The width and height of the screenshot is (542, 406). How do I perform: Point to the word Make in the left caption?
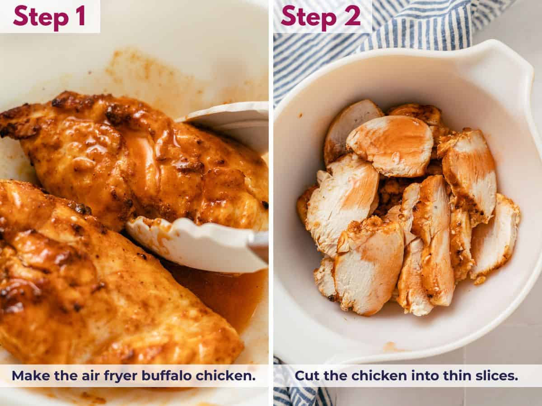pos(28,375)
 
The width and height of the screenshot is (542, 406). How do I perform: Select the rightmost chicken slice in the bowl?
pos(496,235)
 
